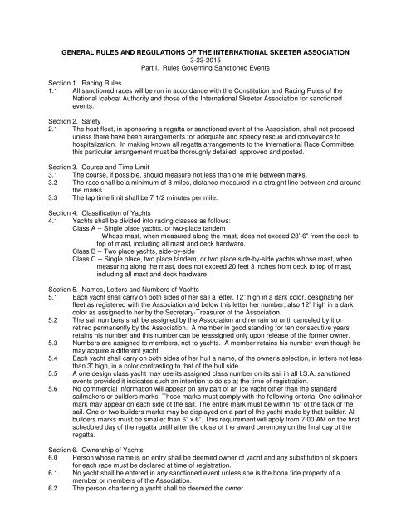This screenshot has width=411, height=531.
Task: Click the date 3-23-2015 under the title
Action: click(205, 59)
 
